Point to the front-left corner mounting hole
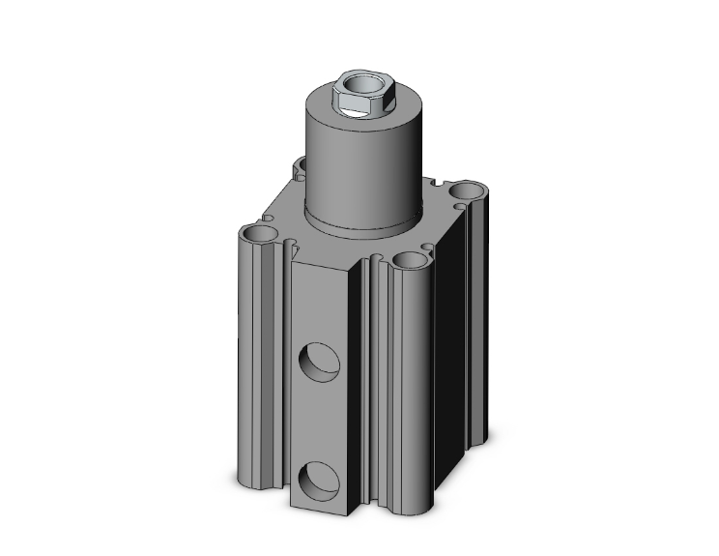click(x=259, y=234)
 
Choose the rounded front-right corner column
click(x=401, y=387)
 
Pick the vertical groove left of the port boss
click(x=283, y=367)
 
